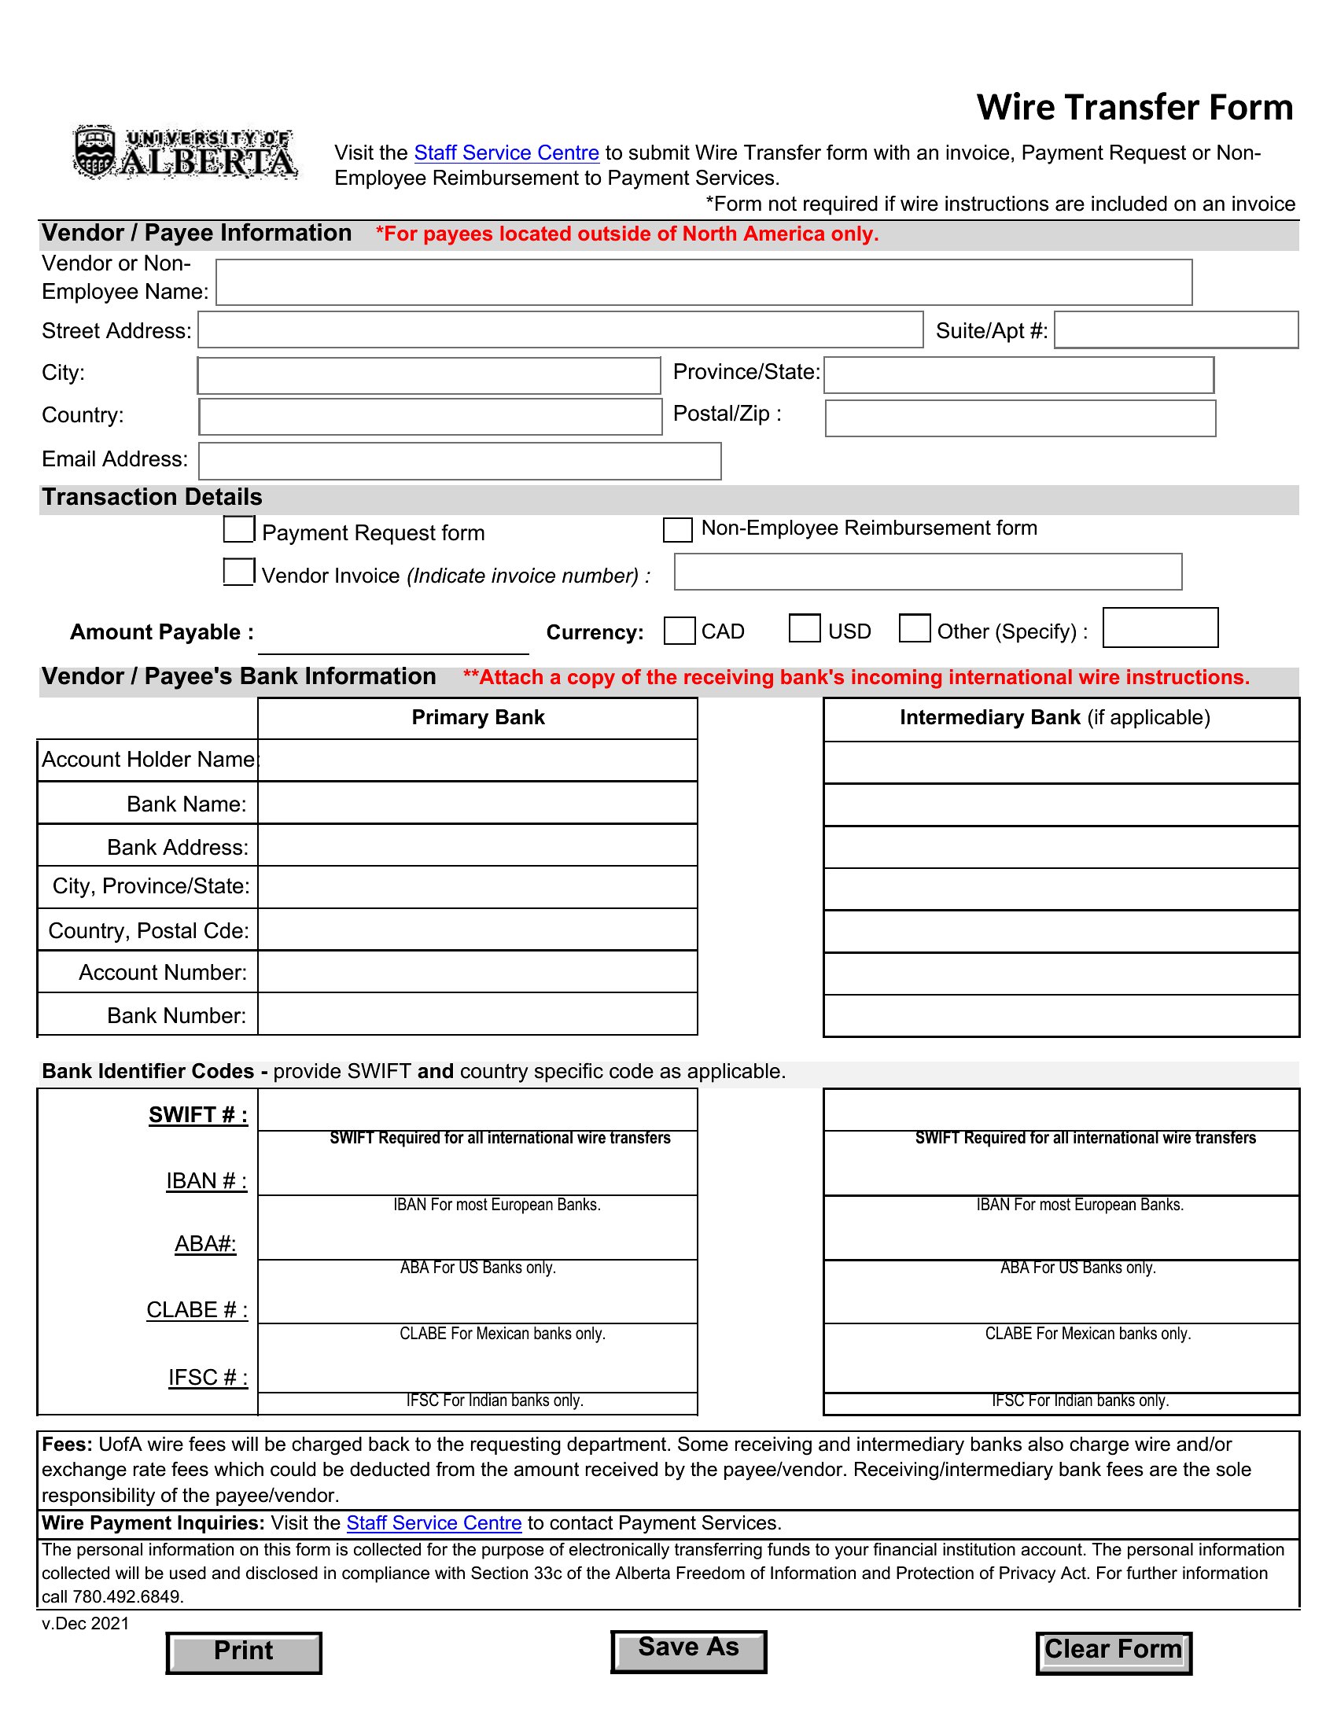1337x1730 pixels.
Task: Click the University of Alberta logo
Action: (x=186, y=152)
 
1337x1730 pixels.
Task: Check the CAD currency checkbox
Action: (x=679, y=631)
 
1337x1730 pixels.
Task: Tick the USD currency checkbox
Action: (x=804, y=628)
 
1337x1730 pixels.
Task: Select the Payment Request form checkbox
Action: (x=238, y=529)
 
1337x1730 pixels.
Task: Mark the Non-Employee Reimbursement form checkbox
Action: (x=677, y=530)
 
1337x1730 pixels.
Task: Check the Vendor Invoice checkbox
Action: (x=238, y=572)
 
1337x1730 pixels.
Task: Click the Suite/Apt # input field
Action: (x=1176, y=329)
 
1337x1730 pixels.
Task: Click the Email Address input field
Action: (x=459, y=461)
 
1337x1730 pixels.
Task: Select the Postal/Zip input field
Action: (x=1019, y=418)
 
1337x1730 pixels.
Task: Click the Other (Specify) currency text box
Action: (x=1159, y=628)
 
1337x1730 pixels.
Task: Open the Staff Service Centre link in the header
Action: (x=506, y=153)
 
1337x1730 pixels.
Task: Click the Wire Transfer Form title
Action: (x=1133, y=108)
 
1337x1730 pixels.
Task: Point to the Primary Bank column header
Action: (x=477, y=718)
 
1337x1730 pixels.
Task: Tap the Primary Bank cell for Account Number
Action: (x=477, y=972)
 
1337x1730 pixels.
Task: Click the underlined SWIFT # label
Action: (x=198, y=1115)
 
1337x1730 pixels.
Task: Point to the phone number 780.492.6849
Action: (x=127, y=1597)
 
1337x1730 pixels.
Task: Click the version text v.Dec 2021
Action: (x=86, y=1623)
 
